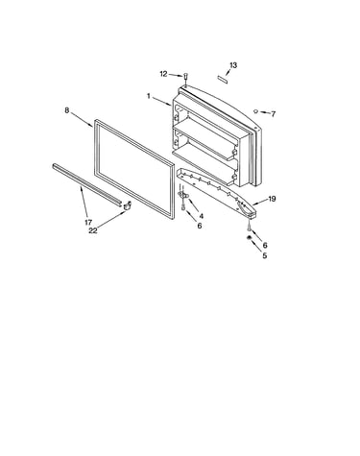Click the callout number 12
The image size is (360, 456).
163,74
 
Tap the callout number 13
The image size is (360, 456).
233,65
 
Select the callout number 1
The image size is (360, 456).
149,96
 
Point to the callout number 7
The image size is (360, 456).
273,114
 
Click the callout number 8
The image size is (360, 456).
66,110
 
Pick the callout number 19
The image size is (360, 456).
272,199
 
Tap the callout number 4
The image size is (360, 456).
201,216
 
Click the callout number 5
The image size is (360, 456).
264,255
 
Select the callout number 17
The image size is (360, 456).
88,223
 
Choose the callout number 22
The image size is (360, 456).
92,230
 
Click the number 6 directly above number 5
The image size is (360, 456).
265,245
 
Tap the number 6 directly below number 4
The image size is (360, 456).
200,226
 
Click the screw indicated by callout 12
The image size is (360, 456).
185,77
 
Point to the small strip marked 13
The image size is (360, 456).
223,80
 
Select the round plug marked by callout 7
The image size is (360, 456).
255,111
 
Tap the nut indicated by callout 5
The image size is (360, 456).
249,237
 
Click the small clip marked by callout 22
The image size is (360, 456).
128,205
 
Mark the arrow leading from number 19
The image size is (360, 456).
260,202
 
